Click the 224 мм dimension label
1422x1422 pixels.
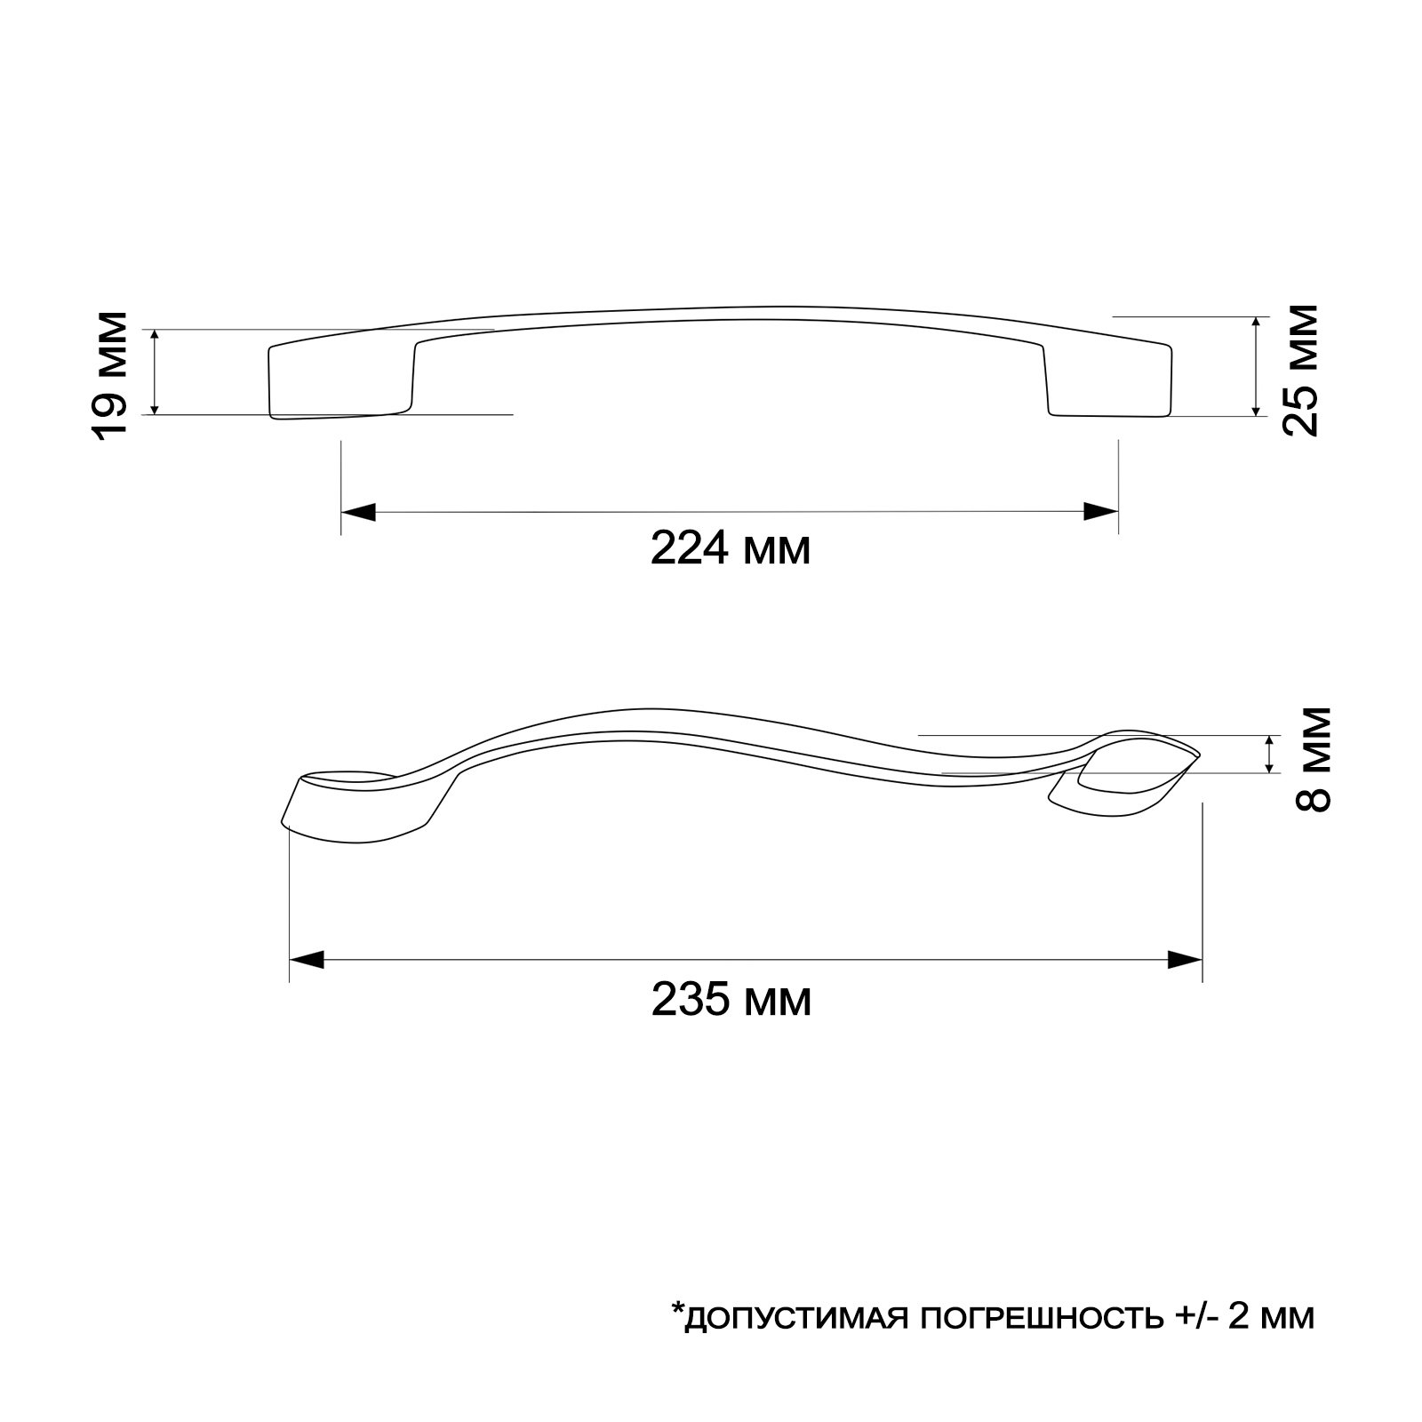[731, 549]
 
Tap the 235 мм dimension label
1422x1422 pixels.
[731, 1000]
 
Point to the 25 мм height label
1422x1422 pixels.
[1299, 368]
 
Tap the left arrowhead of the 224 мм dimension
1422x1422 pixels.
[358, 512]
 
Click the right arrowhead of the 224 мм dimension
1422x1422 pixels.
[1100, 512]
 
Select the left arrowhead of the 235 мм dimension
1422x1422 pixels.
[307, 960]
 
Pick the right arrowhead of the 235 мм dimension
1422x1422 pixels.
[1185, 960]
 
